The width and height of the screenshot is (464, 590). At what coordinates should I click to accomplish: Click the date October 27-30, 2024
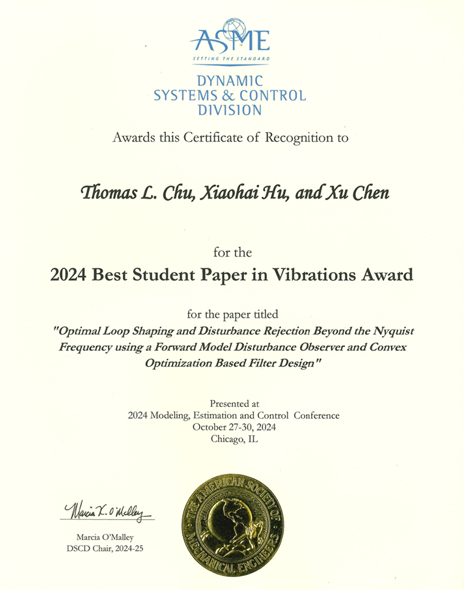coord(234,427)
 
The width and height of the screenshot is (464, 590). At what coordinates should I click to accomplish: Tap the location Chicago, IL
coord(234,440)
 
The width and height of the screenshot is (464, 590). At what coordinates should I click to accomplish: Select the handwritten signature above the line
coord(107,509)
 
